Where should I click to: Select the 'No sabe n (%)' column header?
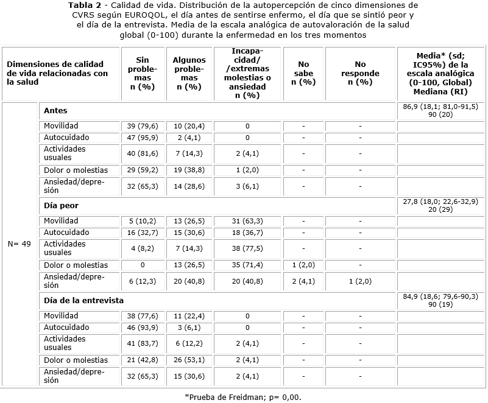coord(303,73)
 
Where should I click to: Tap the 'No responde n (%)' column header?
coord(360,73)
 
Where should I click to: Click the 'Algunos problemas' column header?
coord(189,73)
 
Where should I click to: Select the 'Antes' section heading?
coord(55,111)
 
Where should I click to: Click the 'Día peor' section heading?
coord(61,206)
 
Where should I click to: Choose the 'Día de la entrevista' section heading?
coord(83,301)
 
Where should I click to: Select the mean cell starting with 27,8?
coord(440,205)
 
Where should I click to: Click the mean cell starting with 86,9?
coord(440,110)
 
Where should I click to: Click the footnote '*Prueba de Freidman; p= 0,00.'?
coord(243,397)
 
